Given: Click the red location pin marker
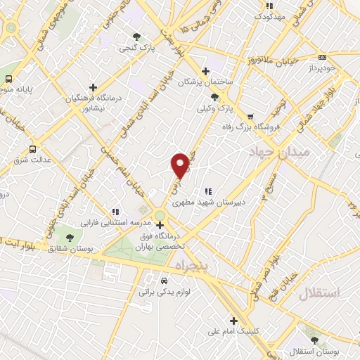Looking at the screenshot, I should point(181,164).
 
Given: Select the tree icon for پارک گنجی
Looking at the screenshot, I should point(136,37).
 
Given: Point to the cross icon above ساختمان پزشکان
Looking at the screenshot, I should point(205,71).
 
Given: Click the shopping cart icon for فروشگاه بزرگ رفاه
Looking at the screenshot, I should point(250,116).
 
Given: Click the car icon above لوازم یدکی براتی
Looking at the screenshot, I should point(165,278).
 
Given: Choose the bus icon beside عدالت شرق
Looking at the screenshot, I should point(33,149).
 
